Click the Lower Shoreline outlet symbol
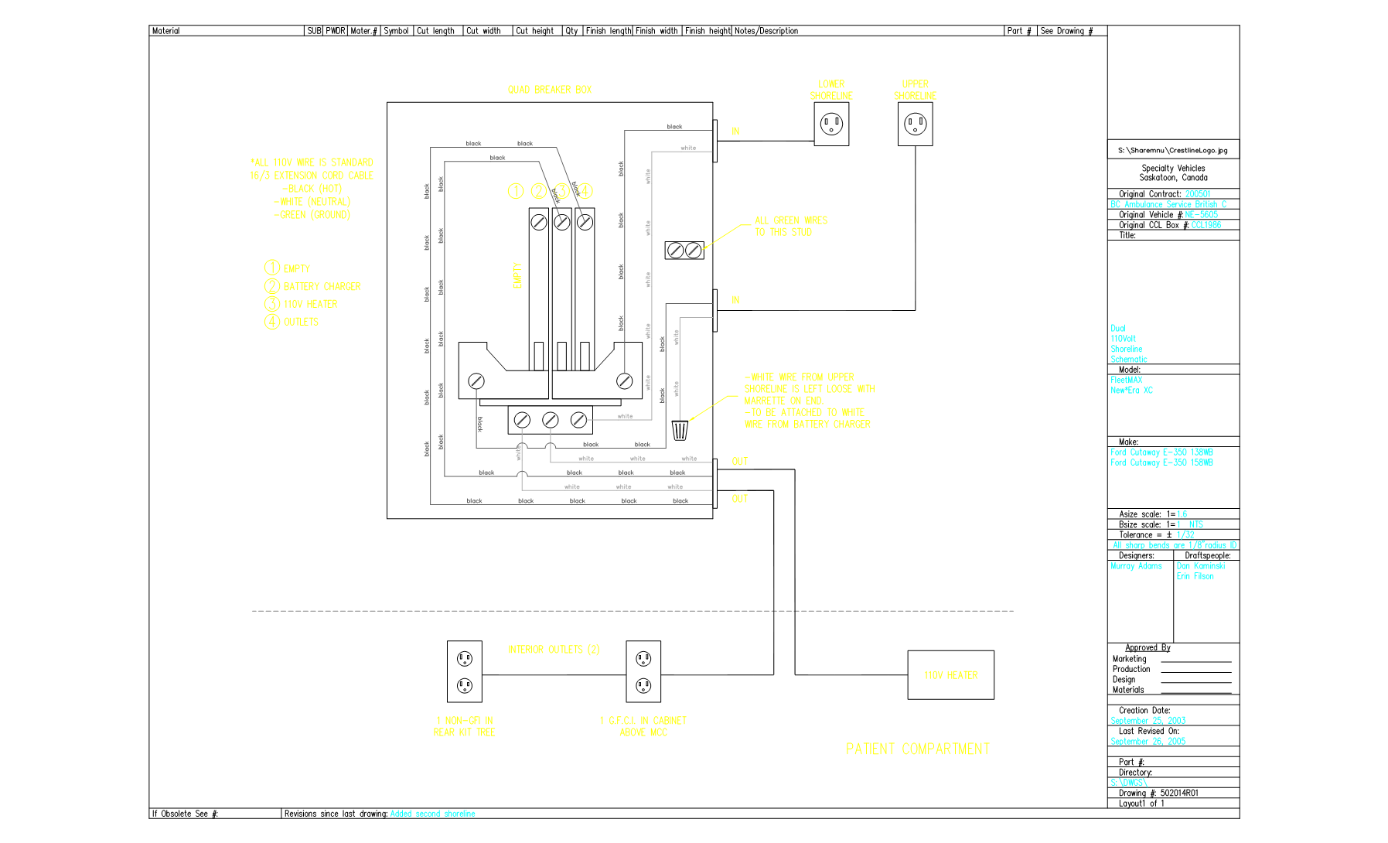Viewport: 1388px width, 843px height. (831, 124)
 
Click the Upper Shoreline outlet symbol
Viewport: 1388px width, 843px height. (915, 124)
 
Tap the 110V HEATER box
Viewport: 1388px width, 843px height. (950, 675)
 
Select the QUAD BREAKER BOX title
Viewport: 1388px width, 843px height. (549, 90)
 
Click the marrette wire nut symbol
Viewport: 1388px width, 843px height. (680, 430)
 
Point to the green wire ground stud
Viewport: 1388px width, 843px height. (684, 250)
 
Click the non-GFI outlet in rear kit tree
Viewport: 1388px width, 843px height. (465, 671)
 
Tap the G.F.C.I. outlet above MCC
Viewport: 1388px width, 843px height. (643, 671)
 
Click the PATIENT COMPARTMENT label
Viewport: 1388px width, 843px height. (917, 749)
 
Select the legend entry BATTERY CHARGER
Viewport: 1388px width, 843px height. (322, 286)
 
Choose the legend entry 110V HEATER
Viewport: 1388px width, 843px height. (310, 304)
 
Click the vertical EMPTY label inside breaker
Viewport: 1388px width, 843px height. (517, 275)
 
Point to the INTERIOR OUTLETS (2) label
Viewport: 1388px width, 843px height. (553, 650)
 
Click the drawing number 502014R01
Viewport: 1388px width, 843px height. (1179, 793)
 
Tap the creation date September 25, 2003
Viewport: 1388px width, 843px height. (1148, 721)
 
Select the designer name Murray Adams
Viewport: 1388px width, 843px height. (1136, 566)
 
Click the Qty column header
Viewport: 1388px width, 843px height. (571, 31)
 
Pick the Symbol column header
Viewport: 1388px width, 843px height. (396, 31)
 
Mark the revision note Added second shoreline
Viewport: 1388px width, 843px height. (432, 814)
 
